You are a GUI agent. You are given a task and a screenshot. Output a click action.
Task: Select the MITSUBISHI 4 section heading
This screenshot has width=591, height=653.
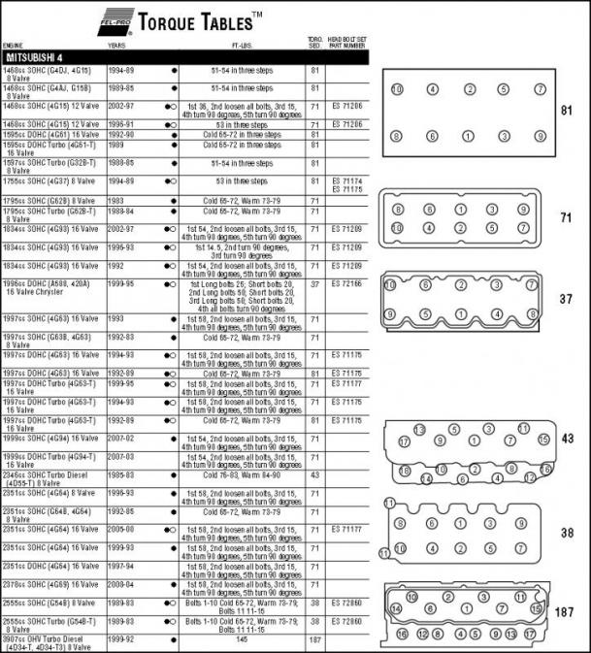point(38,57)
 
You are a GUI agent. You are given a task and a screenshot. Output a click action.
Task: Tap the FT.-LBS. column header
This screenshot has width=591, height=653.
point(246,45)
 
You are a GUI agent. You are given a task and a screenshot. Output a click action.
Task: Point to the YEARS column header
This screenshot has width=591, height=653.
point(116,45)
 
